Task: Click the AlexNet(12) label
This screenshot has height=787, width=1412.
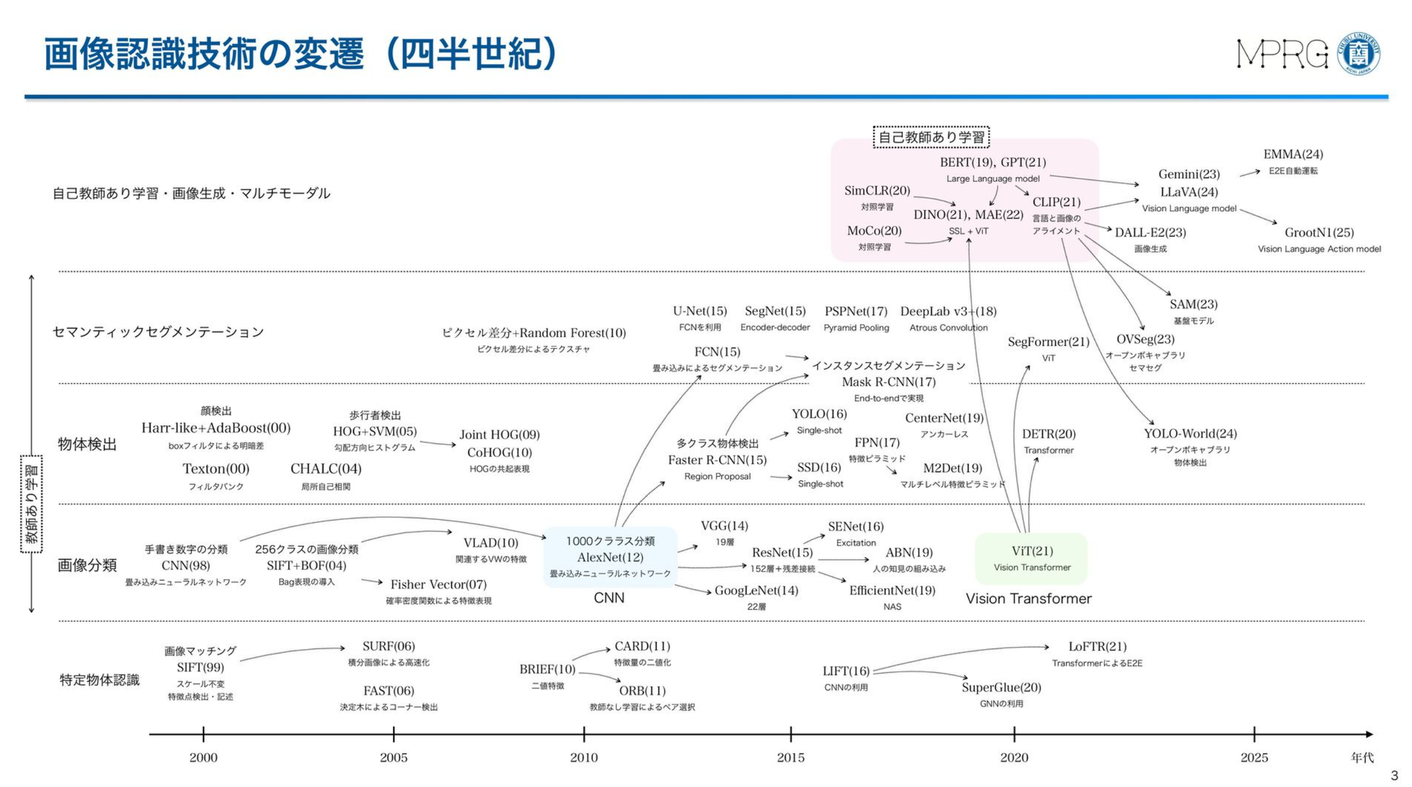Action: click(x=609, y=557)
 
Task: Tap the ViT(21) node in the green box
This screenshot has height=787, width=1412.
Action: click(x=1031, y=551)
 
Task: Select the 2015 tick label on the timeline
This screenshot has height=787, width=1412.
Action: click(x=790, y=757)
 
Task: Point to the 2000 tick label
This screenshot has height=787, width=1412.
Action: click(x=203, y=757)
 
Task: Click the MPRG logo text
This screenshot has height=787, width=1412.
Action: click(x=1282, y=54)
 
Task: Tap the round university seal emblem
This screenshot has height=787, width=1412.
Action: click(x=1358, y=54)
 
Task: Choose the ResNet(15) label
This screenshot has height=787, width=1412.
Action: click(x=782, y=552)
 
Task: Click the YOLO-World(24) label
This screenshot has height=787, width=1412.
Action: click(x=1190, y=434)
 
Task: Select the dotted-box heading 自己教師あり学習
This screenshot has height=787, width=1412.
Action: click(x=931, y=137)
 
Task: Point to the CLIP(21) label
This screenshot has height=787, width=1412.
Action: click(x=1056, y=202)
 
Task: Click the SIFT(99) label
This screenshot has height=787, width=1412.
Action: click(x=200, y=667)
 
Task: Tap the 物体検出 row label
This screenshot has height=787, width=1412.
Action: click(x=87, y=444)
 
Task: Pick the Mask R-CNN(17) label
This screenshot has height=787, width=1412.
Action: click(x=888, y=382)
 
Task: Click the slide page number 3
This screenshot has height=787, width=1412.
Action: click(x=1393, y=775)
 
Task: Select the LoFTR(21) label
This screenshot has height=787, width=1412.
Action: click(x=1097, y=646)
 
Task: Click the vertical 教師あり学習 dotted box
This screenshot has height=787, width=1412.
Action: click(x=32, y=504)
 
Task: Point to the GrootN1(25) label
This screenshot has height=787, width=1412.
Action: click(x=1319, y=232)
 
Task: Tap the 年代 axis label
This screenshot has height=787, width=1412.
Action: click(x=1362, y=757)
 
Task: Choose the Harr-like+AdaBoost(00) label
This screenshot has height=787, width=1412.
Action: click(x=216, y=428)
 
